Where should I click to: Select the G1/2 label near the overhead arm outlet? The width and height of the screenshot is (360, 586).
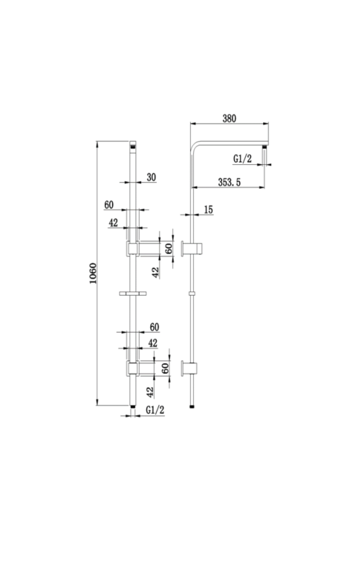coord(243,158)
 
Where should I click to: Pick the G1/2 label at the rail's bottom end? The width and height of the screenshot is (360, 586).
coord(155,409)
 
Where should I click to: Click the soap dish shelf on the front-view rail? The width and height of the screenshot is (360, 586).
coord(133,293)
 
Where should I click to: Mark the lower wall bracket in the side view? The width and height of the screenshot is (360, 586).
coord(194,368)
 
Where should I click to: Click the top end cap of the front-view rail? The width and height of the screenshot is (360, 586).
coord(133,148)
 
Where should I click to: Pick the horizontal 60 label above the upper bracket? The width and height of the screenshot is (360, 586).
coord(109,206)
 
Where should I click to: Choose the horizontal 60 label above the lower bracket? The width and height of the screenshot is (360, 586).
coord(154,328)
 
